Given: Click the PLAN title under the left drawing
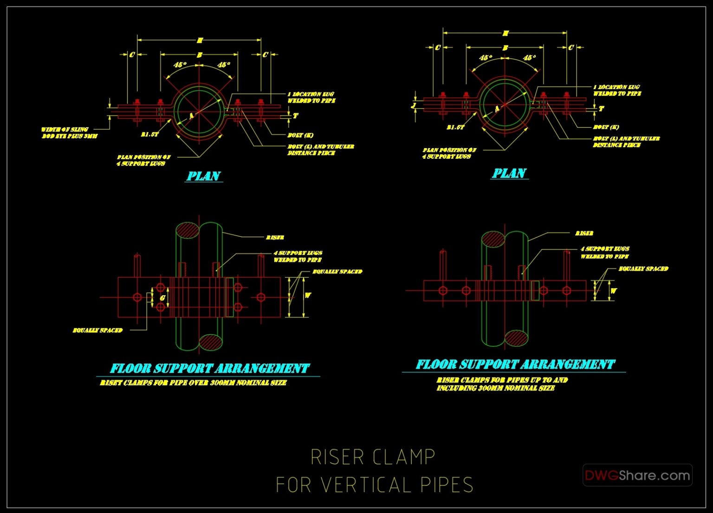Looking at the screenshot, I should (x=203, y=176).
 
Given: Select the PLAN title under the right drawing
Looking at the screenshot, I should (x=509, y=174).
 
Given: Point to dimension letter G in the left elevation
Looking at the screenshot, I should (x=162, y=298).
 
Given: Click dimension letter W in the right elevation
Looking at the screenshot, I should (x=613, y=291).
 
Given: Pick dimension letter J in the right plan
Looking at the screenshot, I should (x=414, y=105).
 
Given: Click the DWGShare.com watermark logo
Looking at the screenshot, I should (x=637, y=475).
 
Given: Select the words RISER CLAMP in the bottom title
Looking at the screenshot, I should (x=373, y=457).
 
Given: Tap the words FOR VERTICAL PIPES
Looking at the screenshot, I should (x=374, y=485).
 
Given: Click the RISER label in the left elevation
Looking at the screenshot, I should (x=275, y=237).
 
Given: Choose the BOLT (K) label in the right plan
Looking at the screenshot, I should (x=606, y=127).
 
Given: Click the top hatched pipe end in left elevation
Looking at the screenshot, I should (x=187, y=230).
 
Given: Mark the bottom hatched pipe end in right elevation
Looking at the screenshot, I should (x=516, y=338).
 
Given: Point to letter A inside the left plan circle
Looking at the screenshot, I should (x=191, y=116).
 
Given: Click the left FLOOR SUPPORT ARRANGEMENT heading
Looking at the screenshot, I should (x=209, y=369).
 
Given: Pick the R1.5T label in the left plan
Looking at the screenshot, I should (x=149, y=134).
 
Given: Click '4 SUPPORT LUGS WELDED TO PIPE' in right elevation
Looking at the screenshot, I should (x=604, y=253).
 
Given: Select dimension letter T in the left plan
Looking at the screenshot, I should (x=296, y=116).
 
